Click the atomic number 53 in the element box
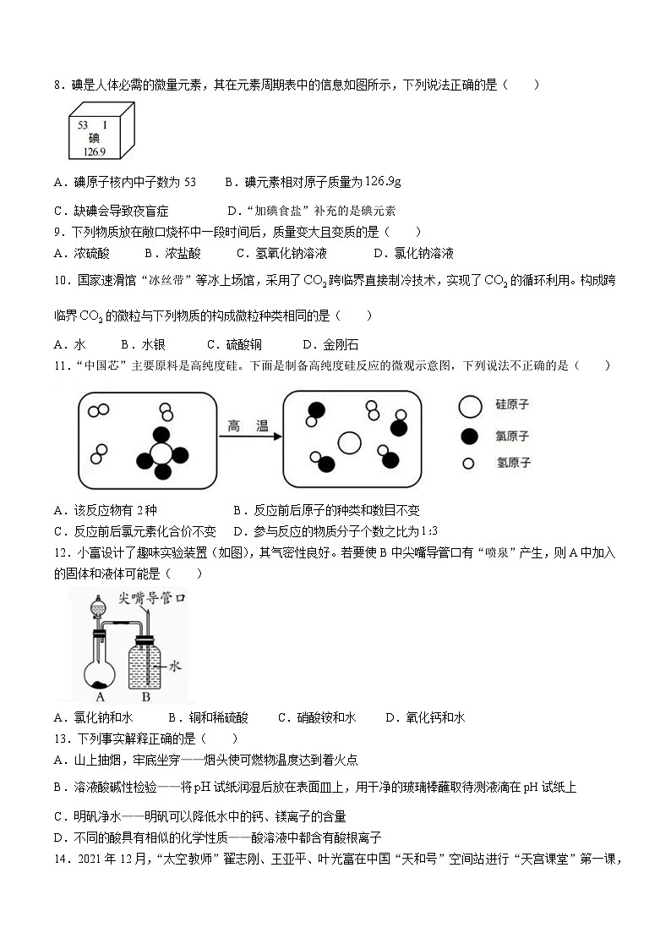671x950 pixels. click(x=83, y=124)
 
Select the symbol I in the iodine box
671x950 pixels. click(x=105, y=124)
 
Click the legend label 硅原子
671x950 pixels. click(x=512, y=405)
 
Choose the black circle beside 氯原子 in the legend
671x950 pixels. click(x=468, y=437)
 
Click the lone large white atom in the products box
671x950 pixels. click(x=348, y=442)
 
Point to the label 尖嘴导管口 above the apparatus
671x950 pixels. click(x=152, y=598)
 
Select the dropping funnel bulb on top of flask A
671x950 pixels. click(x=98, y=607)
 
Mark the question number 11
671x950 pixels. click(x=59, y=365)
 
